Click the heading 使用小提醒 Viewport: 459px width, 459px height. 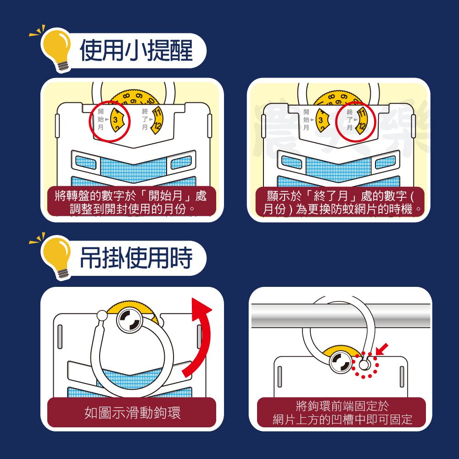(136, 50)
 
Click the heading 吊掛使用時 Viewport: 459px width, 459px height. (136, 257)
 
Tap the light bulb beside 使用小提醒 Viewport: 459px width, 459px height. (56, 48)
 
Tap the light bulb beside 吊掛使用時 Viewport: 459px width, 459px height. (56, 256)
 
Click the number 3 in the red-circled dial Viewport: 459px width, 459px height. (115, 120)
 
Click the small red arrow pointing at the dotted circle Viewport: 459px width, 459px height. (382, 349)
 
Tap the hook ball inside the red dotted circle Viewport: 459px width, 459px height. (364, 365)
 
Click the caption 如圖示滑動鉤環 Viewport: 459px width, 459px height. (132, 413)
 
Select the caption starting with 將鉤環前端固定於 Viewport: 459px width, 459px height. (342, 413)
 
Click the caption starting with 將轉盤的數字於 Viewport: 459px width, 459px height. (131, 202)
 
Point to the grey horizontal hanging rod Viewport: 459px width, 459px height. (341, 316)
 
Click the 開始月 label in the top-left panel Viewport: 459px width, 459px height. (101, 119)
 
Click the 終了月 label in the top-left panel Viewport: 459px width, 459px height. (145, 119)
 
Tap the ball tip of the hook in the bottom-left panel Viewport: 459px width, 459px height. (102, 315)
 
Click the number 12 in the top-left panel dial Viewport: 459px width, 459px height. (157, 126)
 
